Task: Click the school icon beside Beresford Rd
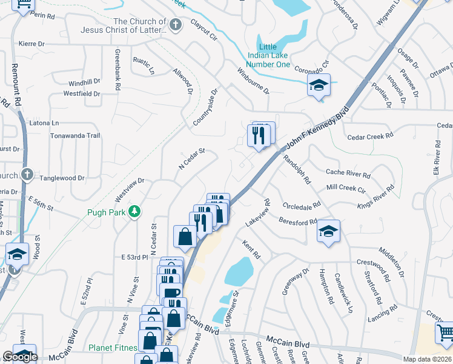pos(328,231)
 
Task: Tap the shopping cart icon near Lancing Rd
pos(445,331)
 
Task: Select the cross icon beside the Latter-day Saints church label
pos(176,25)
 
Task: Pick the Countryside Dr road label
pos(204,108)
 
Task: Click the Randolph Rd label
pos(297,169)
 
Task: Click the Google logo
pos(20,357)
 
